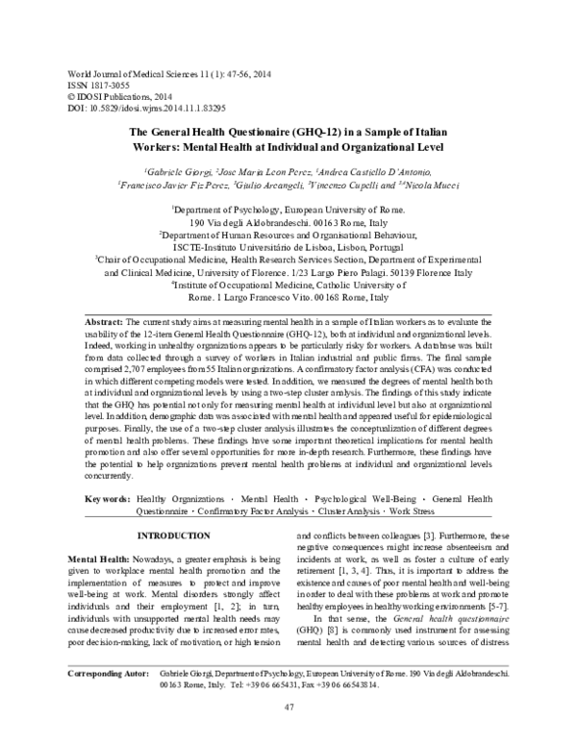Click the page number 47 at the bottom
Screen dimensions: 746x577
[288, 709]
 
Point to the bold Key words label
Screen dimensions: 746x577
[106, 501]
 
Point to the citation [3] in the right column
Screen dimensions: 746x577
[433, 535]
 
